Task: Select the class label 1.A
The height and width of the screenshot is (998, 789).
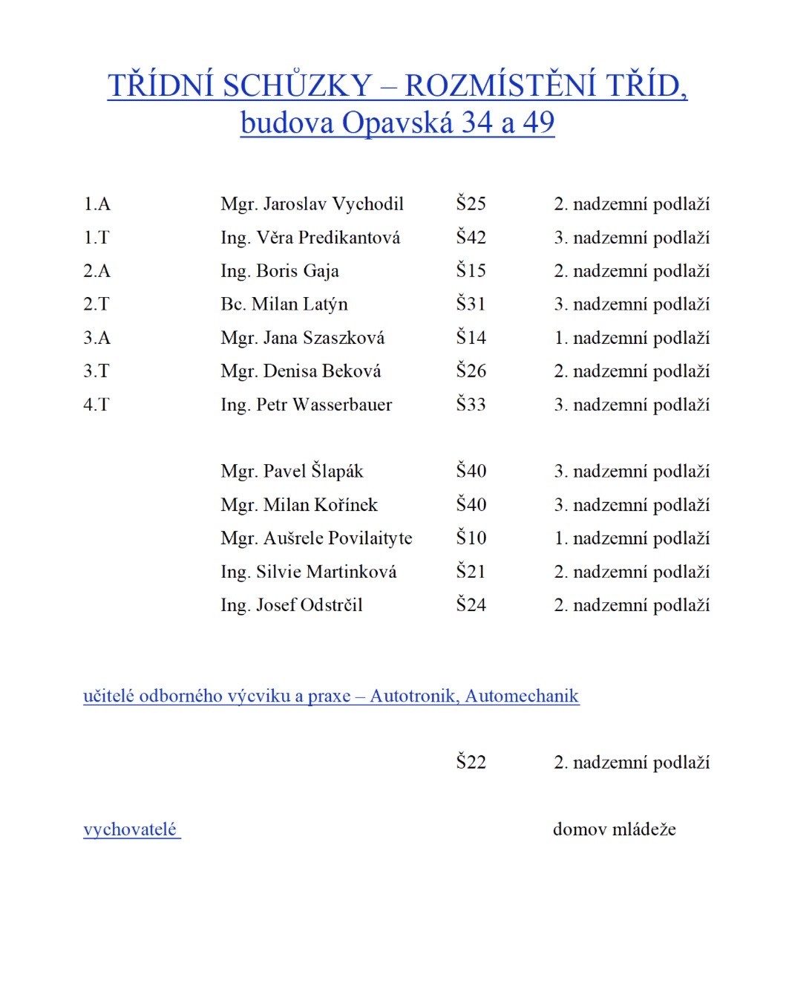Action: (96, 204)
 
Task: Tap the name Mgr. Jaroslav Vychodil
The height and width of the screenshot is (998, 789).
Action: (312, 204)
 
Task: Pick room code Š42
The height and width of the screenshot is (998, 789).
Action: (471, 238)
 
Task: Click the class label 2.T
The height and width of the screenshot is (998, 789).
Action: (96, 304)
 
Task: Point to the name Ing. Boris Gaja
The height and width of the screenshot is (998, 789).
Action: (280, 271)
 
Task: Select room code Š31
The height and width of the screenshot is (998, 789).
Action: (471, 304)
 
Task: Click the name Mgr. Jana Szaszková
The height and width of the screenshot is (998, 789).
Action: (303, 338)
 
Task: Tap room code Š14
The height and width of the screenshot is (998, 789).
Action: (471, 338)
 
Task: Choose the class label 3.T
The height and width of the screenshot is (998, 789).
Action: (96, 371)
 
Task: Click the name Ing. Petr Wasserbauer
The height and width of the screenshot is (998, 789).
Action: (306, 405)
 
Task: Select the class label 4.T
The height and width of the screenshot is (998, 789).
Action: (96, 405)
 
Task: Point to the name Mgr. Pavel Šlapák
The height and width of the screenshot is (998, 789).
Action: (292, 472)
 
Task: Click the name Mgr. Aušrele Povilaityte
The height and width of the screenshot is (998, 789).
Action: (316, 538)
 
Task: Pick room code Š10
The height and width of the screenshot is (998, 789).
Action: (471, 538)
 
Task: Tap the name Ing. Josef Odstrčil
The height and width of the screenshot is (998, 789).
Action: (292, 605)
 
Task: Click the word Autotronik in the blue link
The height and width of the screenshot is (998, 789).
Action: (414, 697)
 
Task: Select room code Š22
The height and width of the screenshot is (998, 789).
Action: (471, 763)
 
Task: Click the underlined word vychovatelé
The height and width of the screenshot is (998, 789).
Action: (130, 829)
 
